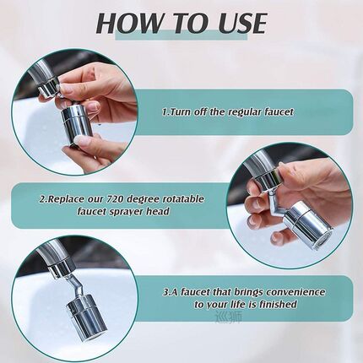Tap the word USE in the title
[238, 22]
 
